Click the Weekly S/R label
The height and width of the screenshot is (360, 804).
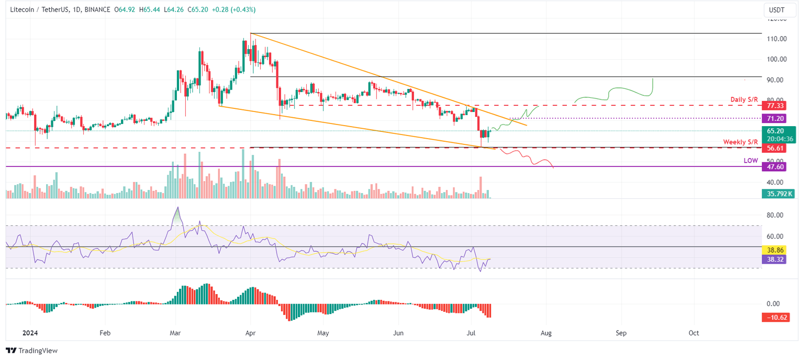click(741, 142)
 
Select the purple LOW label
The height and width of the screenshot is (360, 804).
click(751, 161)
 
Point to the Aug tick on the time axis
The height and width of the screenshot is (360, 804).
click(546, 333)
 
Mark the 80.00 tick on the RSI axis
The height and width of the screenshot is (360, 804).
click(776, 215)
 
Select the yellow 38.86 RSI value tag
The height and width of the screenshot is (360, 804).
click(775, 251)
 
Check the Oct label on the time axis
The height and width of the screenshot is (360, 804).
click(694, 333)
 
